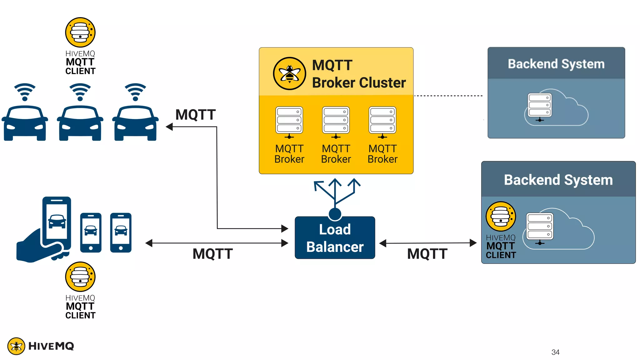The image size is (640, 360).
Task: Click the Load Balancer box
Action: tap(335, 238)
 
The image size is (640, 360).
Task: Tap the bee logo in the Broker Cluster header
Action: tap(289, 73)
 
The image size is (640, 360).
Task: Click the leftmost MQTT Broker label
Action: tap(289, 154)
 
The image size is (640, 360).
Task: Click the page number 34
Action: tap(555, 352)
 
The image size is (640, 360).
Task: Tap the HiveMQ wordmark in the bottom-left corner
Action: tap(51, 346)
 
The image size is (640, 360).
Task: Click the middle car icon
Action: tap(80, 123)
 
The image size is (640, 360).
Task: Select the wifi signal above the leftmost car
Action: tap(25, 92)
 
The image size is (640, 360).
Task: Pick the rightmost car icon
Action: tap(135, 123)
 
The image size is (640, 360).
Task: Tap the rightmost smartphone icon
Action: tap(121, 232)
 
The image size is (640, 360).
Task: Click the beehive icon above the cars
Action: tap(80, 32)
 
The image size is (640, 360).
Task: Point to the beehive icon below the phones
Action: tap(80, 277)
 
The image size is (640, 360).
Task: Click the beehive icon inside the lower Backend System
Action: tap(501, 216)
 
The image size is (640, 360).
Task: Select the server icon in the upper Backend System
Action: tap(540, 106)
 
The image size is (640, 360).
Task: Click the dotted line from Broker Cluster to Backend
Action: tap(448, 96)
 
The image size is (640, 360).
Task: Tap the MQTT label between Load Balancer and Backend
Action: tap(427, 254)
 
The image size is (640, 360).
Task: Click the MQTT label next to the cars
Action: tap(195, 115)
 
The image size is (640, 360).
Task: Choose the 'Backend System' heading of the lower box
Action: tap(558, 180)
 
